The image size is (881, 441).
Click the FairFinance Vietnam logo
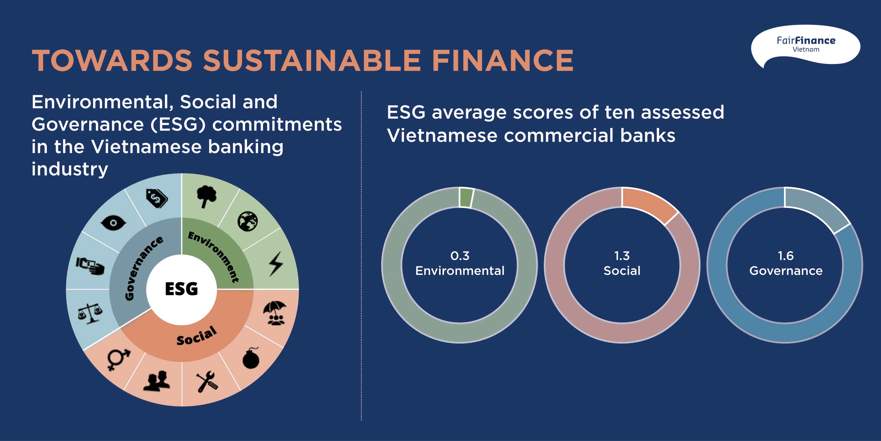[x=805, y=45]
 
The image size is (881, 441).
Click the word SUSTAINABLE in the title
[x=312, y=61]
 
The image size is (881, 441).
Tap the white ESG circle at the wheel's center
[x=182, y=289]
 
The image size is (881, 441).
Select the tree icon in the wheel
[x=206, y=196]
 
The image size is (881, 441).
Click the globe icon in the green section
[x=248, y=221]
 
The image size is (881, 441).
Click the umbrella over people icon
[x=275, y=313]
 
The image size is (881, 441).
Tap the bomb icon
[x=251, y=358]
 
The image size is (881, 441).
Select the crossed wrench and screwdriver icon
[x=206, y=382]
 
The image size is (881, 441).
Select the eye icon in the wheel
[x=113, y=223]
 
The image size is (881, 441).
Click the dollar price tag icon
[x=157, y=198]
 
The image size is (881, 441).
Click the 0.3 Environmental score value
[x=460, y=256]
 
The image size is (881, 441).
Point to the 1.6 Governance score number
[x=786, y=256]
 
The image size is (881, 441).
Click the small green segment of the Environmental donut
[x=466, y=198]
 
